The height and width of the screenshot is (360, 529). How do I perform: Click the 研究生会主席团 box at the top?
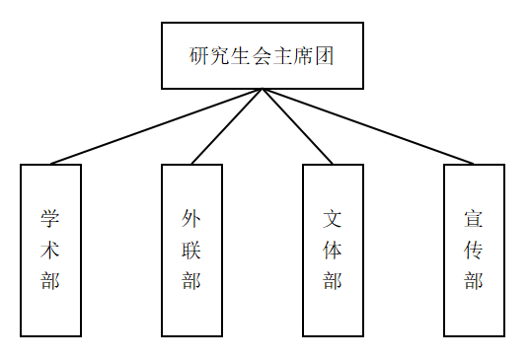263,55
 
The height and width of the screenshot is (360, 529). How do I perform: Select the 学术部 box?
50,251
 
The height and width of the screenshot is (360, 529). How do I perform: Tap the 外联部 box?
191,251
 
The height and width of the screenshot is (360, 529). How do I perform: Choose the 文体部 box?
333,251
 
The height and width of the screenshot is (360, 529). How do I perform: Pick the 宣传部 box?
474,251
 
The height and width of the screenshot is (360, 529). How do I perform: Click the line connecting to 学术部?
157,126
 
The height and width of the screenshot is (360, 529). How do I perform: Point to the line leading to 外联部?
227,126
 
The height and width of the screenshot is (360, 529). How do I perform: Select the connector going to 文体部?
298,126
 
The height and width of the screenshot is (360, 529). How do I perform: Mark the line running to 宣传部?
368,126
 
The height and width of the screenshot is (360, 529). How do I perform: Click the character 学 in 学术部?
50,218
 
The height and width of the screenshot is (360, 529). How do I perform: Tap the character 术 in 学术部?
50,250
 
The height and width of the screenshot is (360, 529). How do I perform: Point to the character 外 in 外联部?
191,218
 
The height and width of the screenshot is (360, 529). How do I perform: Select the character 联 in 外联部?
191,250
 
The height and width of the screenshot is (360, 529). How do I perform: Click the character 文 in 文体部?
333,218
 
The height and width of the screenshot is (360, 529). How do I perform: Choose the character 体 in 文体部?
333,250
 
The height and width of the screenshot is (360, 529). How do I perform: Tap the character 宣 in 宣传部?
474,218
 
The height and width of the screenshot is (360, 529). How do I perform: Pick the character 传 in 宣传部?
474,250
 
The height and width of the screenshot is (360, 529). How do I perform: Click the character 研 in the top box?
198,55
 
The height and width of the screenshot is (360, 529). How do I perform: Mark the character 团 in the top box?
325,55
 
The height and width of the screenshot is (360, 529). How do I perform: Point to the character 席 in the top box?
304,55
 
